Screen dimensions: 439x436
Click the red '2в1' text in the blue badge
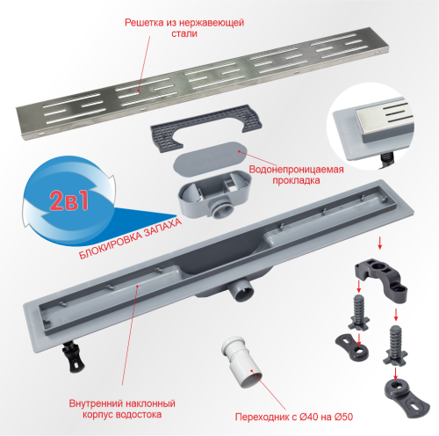(x=69, y=201)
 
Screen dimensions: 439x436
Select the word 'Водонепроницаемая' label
(x=296, y=170)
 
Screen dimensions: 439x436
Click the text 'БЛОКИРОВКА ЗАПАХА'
(x=130, y=238)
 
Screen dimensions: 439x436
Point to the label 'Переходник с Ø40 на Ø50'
(x=294, y=417)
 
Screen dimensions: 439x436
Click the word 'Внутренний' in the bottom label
(x=96, y=403)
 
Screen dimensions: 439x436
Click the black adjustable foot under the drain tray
(x=73, y=357)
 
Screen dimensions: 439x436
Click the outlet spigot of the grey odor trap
(x=221, y=209)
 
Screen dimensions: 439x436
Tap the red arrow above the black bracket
(x=380, y=243)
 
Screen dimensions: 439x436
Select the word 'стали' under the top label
(x=184, y=33)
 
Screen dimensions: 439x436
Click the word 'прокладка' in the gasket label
(x=296, y=180)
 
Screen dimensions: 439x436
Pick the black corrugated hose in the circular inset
(x=386, y=161)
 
